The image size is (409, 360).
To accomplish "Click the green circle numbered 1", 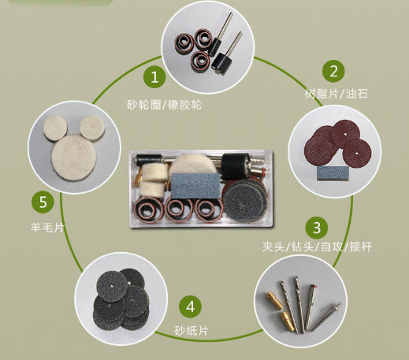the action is (x=154, y=77).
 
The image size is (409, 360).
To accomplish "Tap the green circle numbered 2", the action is (x=333, y=71).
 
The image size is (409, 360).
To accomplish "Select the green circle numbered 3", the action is (x=317, y=228).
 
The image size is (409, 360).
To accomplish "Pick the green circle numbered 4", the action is (x=191, y=306).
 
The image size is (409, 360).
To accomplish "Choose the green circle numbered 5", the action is (x=43, y=202).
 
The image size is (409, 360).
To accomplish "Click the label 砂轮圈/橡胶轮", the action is (x=164, y=105).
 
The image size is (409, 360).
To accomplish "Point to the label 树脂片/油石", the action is (x=336, y=94).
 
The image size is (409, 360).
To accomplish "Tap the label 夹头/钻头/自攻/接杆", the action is (x=317, y=247).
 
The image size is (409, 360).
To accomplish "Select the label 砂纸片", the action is (x=191, y=331).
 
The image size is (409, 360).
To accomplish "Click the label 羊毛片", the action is (x=47, y=228).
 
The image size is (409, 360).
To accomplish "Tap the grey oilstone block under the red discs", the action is (x=333, y=173).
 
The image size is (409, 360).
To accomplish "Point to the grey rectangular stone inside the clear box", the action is (x=195, y=186).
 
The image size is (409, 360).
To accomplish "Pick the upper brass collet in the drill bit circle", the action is (x=275, y=301).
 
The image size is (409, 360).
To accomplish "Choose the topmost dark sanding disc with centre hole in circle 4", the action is (x=113, y=286).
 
